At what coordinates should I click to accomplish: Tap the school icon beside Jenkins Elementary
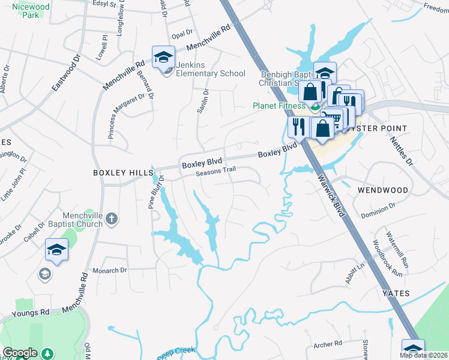pos(163,58)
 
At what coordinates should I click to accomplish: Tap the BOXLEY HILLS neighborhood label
pos(123,173)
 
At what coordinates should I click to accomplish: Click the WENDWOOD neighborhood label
pos(382,190)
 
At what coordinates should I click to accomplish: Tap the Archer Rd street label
pos(327,344)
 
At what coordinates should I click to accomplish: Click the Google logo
pos(20,353)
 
